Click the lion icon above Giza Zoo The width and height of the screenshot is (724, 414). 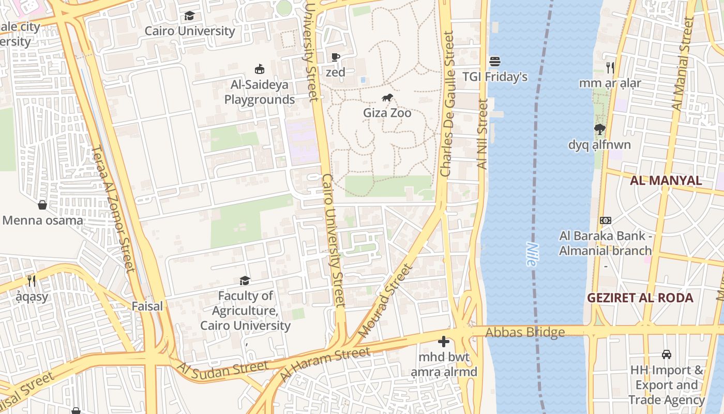click(x=387, y=98)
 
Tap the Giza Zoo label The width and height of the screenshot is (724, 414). click(x=387, y=113)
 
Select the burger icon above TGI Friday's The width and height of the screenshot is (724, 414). click(x=494, y=62)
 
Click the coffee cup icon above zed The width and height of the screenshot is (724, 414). click(x=335, y=57)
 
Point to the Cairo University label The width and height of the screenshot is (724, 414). click(x=190, y=31)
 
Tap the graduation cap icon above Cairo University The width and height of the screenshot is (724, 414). click(x=190, y=16)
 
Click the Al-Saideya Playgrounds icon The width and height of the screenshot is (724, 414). click(x=260, y=69)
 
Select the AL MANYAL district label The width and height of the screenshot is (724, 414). click(x=666, y=181)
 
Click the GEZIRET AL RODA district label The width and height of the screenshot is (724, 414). click(x=640, y=298)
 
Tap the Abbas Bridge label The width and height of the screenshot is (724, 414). click(x=525, y=332)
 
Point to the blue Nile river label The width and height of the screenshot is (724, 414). click(x=531, y=254)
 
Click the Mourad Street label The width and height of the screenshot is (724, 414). click(x=386, y=301)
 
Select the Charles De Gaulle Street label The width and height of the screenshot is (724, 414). click(x=446, y=103)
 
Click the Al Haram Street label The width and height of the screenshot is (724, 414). click(x=325, y=365)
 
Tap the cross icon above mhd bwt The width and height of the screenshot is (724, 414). click(x=443, y=342)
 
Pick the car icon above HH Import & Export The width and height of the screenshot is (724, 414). click(x=667, y=354)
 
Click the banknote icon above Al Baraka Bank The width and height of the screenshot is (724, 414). click(x=605, y=220)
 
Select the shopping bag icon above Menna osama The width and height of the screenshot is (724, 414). click(x=42, y=205)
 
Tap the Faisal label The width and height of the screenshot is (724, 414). click(x=147, y=306)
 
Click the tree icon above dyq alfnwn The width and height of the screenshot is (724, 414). click(x=599, y=129)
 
